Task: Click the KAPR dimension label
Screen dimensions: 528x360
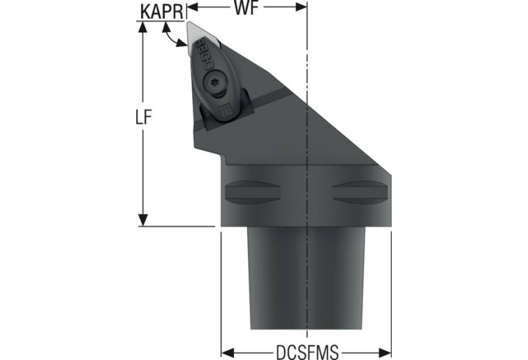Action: [x=162, y=12]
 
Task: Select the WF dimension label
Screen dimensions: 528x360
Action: [x=246, y=8]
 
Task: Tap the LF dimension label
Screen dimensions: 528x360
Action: [x=143, y=117]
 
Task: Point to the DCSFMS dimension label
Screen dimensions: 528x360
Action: [x=307, y=352]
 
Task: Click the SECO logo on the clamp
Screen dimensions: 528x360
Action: [x=201, y=54]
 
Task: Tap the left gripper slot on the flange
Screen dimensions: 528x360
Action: [x=253, y=192]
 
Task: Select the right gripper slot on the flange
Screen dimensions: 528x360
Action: [x=361, y=192]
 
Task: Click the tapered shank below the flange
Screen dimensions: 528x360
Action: [x=306, y=279]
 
